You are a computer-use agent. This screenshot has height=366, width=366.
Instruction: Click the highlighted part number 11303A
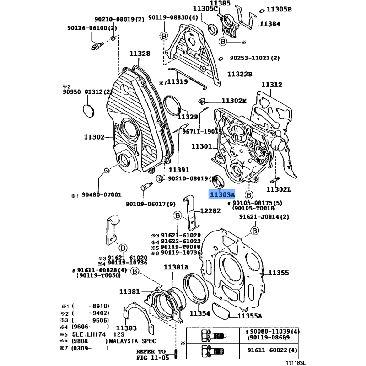(222, 194)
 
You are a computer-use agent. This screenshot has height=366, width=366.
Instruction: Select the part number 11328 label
(140, 54)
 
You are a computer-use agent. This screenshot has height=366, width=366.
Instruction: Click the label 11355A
(249, 316)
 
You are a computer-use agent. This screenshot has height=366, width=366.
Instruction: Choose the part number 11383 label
(126, 328)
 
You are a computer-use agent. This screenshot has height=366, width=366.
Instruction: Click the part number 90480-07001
(102, 195)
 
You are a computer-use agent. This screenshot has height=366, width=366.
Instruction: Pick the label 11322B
(240, 74)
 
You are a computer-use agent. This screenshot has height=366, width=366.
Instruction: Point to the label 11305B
(279, 9)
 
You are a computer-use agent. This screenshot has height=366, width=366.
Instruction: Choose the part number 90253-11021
(254, 59)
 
